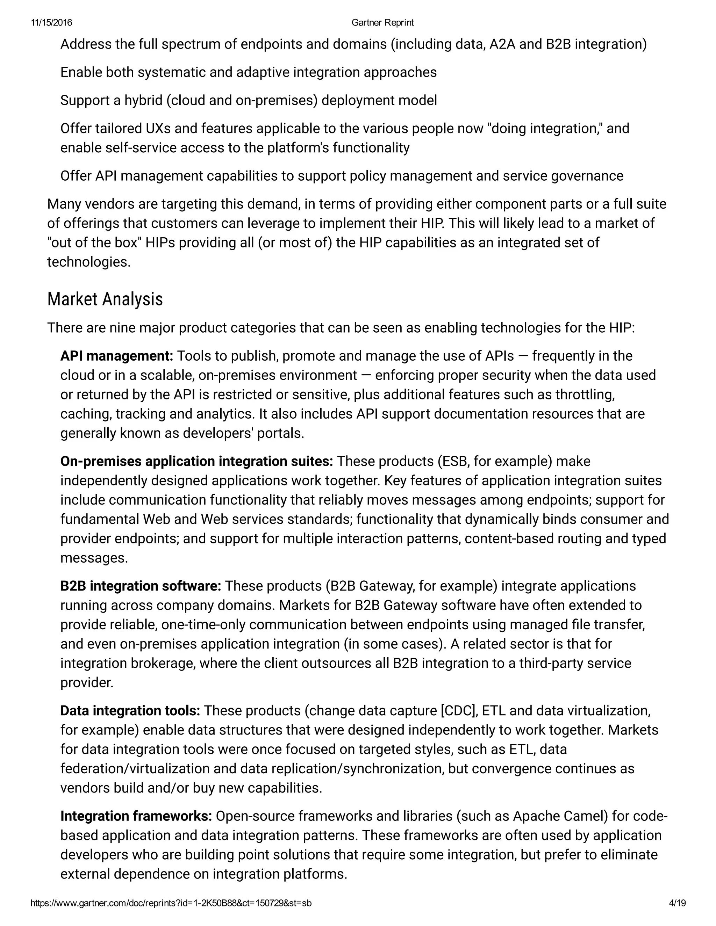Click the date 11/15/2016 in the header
[51, 22]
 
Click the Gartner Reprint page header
[382, 22]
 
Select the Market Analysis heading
[105, 299]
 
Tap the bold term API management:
[117, 356]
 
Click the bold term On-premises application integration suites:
[196, 461]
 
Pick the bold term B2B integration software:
[141, 586]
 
